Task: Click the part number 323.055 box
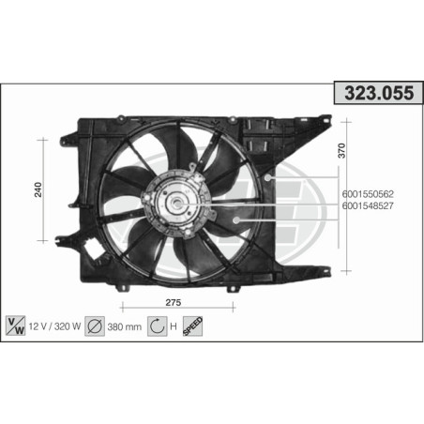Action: point(372,95)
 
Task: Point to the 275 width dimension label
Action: point(174,302)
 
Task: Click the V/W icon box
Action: point(16,326)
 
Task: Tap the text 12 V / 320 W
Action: point(53,326)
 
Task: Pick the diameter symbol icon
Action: point(95,326)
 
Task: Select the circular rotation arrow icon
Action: point(157,326)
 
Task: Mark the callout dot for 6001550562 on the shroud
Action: point(269,176)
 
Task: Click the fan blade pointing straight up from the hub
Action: point(178,150)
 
